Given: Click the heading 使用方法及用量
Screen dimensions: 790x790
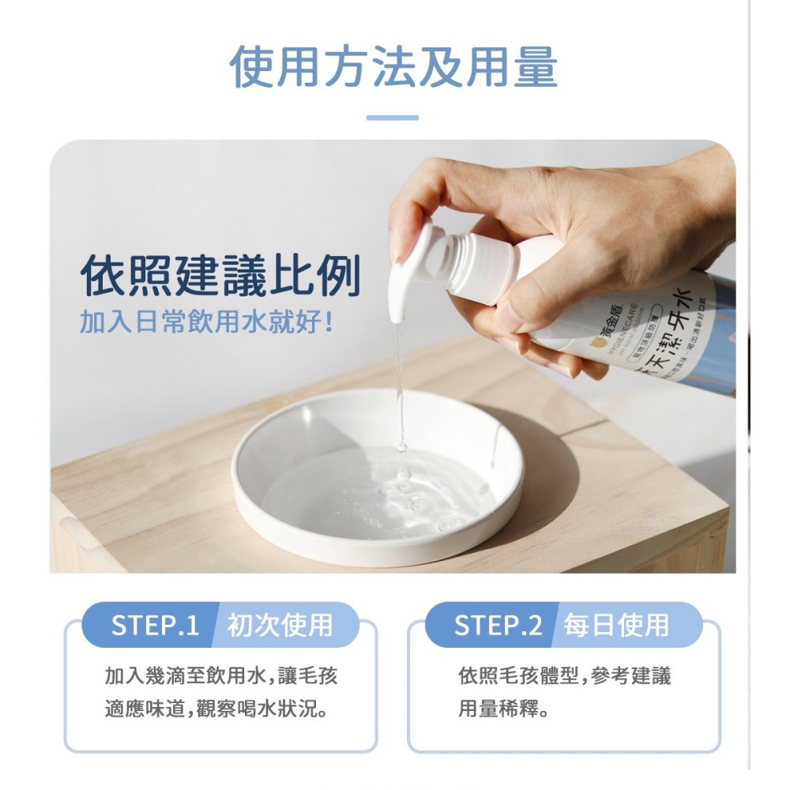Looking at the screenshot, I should click(394, 66).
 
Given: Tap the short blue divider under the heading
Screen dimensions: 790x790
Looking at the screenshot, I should click(393, 118).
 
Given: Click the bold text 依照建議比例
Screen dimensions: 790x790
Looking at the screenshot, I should click(220, 276).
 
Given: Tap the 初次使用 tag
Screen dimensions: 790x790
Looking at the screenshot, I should click(280, 625).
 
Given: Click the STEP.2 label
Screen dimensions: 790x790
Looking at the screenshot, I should click(498, 625).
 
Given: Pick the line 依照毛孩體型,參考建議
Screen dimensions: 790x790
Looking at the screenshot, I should click(565, 675).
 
